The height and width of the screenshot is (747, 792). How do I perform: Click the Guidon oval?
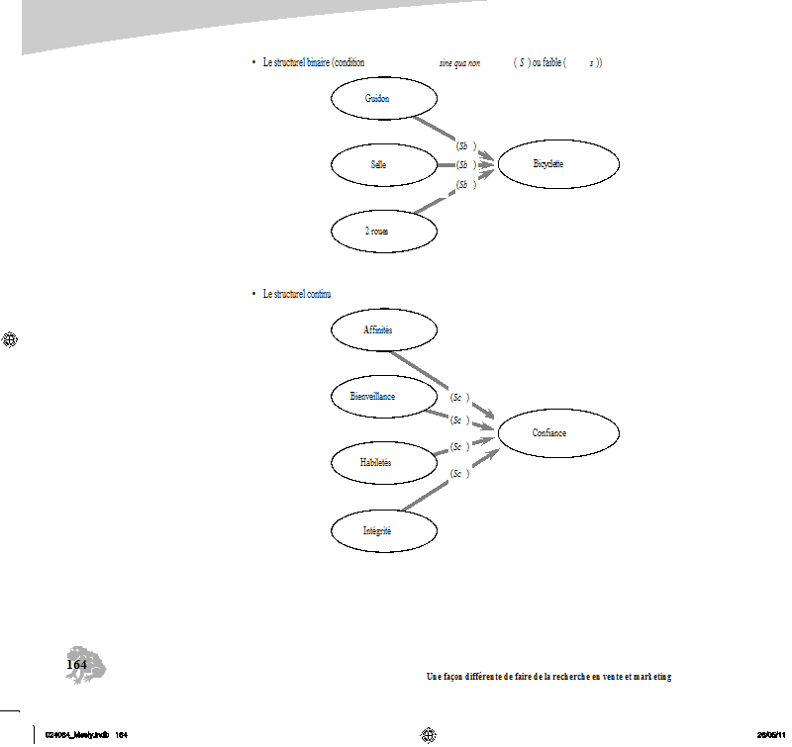click(383, 100)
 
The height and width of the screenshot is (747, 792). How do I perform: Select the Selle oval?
click(383, 165)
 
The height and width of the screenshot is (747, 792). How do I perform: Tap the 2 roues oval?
click(383, 231)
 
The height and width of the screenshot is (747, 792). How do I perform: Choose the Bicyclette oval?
click(558, 164)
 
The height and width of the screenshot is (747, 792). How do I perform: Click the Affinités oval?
click(383, 330)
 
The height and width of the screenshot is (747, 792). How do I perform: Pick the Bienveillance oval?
click(383, 396)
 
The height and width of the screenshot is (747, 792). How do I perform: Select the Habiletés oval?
click(383, 462)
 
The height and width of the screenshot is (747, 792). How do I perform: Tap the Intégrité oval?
click(383, 531)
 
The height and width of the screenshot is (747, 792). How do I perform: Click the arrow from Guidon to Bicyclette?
click(436, 130)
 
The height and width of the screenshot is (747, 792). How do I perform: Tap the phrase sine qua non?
click(459, 62)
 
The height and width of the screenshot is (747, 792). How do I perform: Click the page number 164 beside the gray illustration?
click(76, 665)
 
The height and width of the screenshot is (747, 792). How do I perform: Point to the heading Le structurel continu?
click(297, 294)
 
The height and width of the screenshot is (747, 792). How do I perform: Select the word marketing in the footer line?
click(652, 677)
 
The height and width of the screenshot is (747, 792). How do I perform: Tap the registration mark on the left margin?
click(11, 339)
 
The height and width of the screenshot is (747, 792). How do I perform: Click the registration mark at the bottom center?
click(429, 734)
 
